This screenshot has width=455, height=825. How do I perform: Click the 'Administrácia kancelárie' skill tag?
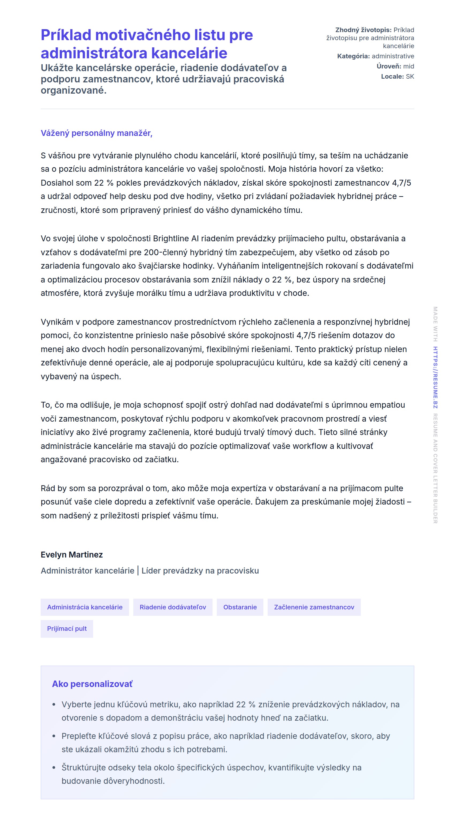[85, 607]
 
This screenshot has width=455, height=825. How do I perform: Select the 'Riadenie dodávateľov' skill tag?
[173, 607]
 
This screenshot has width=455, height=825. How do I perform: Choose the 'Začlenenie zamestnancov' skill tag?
[314, 607]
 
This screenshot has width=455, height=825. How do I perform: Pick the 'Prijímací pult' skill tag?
[67, 628]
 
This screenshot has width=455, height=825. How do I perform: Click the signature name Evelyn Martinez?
[71, 554]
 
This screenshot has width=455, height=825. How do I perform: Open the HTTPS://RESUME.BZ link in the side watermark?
[435, 377]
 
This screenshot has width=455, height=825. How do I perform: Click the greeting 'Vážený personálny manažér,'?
[96, 133]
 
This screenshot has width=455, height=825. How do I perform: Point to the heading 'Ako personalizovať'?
[92, 684]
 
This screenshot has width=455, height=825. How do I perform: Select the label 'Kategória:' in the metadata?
[353, 56]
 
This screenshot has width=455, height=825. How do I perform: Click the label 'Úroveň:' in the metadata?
[389, 66]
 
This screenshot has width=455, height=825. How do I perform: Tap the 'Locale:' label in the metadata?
[392, 77]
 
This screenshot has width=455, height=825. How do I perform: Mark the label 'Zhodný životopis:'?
[363, 30]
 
